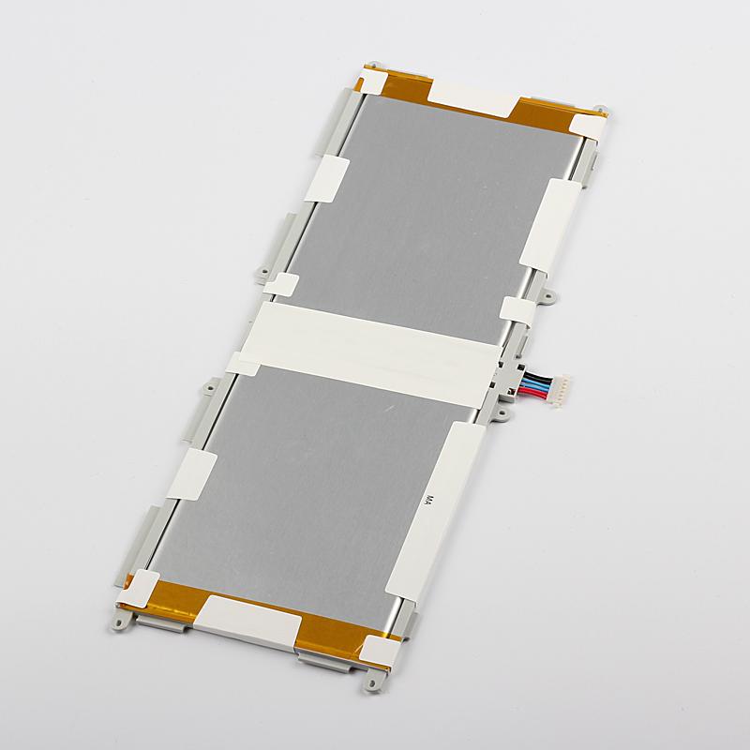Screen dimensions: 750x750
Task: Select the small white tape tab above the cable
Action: tap(517, 310)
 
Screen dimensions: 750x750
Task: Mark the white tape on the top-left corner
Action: tap(373, 82)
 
